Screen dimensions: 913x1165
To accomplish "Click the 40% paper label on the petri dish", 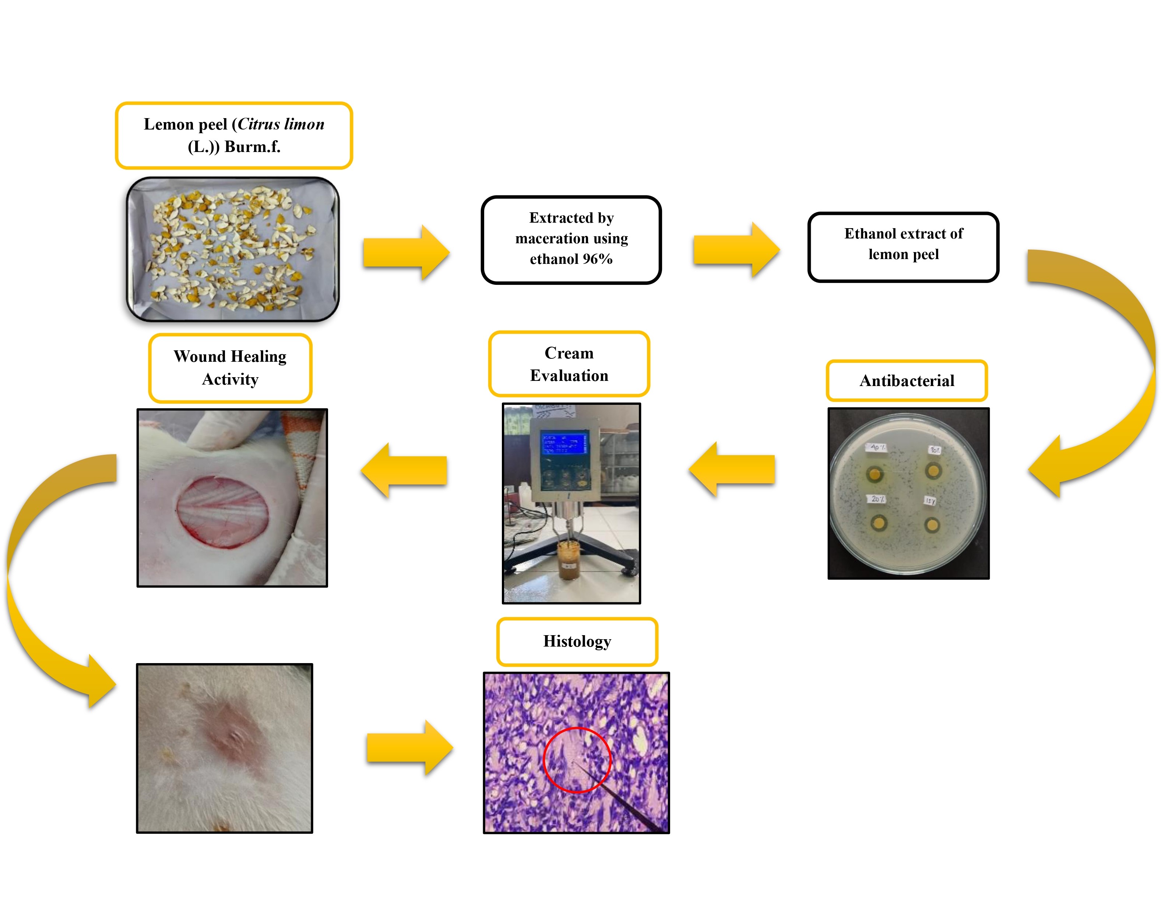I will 877,447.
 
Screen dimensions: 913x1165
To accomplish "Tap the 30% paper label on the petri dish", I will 934,450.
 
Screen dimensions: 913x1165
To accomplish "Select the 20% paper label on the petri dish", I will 877,499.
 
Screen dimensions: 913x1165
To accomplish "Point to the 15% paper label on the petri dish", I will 930,501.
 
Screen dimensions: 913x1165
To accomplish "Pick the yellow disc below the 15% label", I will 932,525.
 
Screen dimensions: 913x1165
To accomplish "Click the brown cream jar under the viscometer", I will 569,559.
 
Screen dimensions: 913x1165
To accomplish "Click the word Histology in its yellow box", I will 577,641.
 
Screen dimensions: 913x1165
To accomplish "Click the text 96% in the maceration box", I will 598,259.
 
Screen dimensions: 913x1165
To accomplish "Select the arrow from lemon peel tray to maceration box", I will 406,252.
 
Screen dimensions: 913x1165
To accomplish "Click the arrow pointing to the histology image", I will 409,748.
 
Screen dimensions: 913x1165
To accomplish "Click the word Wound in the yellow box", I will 199,357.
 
